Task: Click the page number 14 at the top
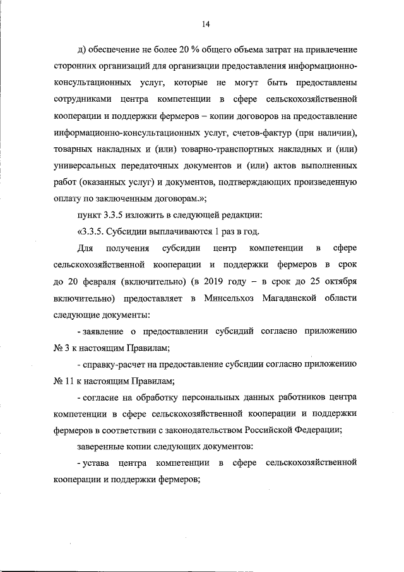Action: [x=205, y=24]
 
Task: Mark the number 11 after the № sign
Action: [x=68, y=380]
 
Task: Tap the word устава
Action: [x=95, y=463]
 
